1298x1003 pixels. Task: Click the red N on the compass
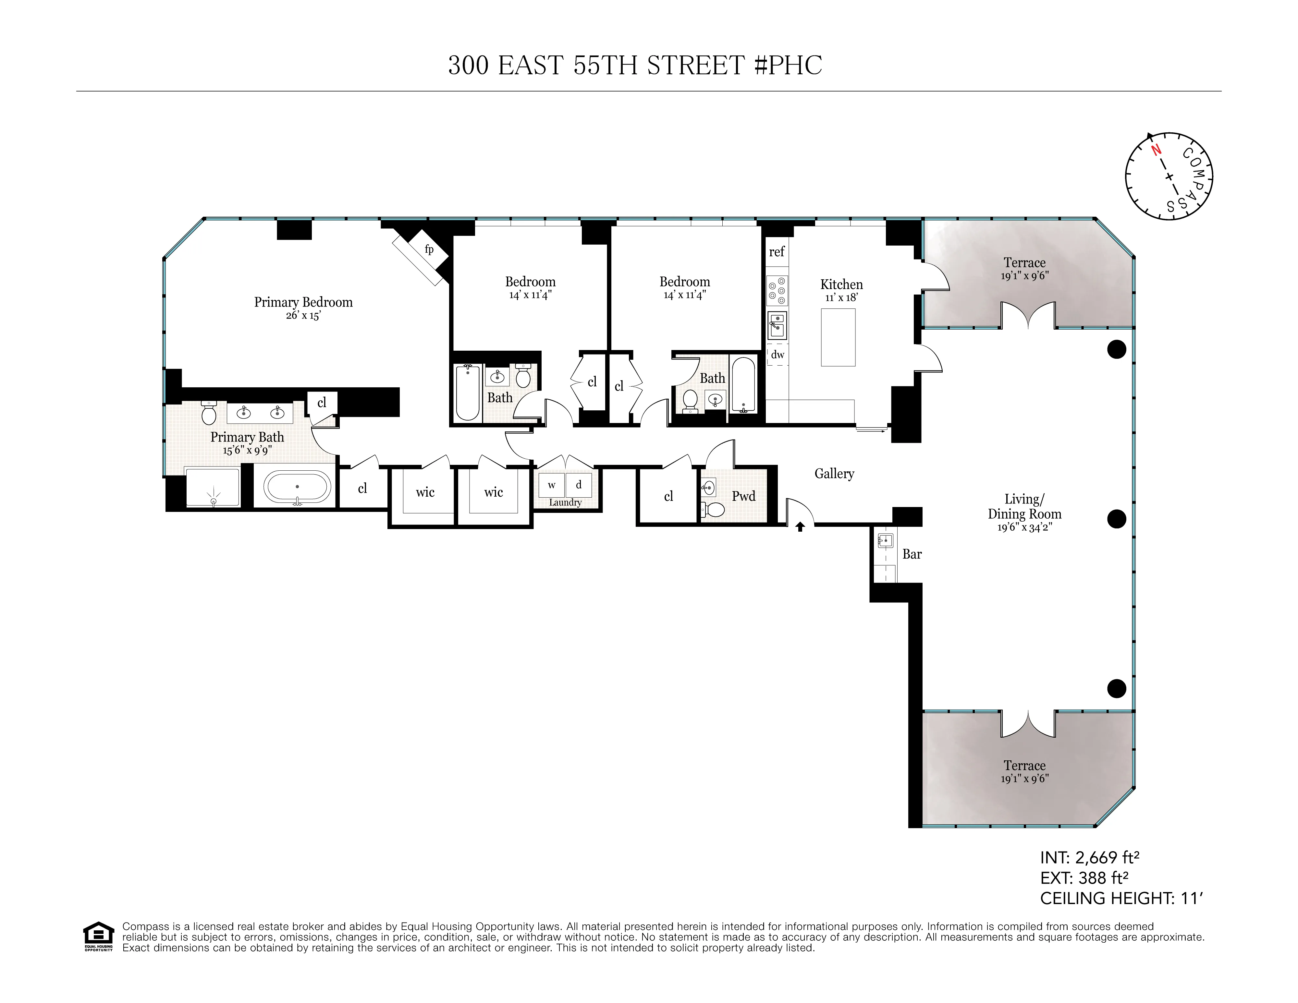click(x=1156, y=150)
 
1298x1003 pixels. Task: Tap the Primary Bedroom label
click(x=303, y=302)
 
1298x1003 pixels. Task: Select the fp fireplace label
click(x=429, y=249)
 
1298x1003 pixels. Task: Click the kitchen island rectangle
click(x=838, y=337)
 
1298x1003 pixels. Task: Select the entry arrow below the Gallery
click(x=800, y=526)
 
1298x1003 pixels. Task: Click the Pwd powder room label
click(x=743, y=496)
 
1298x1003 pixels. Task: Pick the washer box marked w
click(x=552, y=485)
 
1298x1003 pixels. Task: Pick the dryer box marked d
click(x=578, y=485)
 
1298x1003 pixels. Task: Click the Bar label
click(x=912, y=554)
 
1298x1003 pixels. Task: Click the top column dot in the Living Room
click(x=1117, y=349)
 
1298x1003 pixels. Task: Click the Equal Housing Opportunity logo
click(x=98, y=936)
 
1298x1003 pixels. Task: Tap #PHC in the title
click(x=788, y=65)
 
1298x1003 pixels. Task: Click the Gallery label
click(x=834, y=474)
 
